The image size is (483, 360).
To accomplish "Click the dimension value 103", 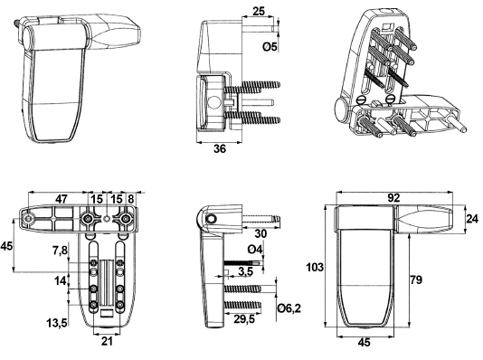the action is [315, 268].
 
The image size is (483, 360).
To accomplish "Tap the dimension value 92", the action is [393, 198].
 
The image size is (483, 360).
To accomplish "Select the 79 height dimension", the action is [416, 279].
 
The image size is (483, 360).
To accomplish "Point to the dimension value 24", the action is [472, 219].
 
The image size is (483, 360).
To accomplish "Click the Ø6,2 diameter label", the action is [289, 308].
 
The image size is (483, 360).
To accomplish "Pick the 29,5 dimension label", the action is [244, 319].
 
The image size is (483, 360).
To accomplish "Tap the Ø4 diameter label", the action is [255, 249].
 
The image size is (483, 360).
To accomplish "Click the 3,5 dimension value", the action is [245, 271].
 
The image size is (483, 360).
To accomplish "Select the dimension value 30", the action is [260, 233].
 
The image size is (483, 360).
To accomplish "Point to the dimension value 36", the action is [220, 148].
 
